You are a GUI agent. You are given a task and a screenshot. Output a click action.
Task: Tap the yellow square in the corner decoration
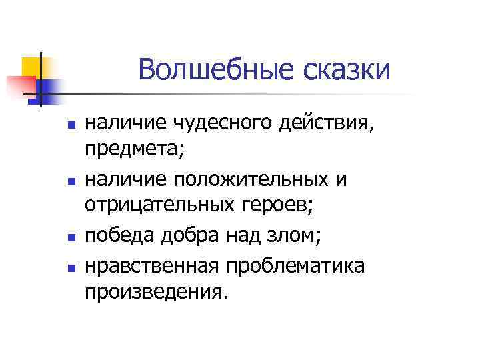31,65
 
